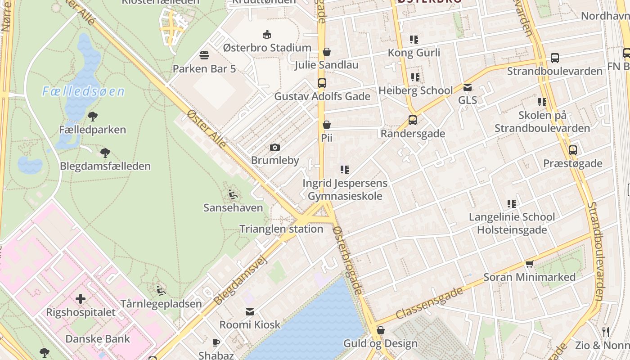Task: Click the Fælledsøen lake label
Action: coord(83,92)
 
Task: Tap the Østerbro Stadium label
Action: coord(267,48)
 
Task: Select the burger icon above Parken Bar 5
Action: coord(204,55)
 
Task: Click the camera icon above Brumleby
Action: coord(274,147)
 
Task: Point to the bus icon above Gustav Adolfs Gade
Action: coord(322,83)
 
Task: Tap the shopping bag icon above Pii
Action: coord(327,125)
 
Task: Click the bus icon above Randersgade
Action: coord(413,120)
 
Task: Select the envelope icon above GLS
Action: coord(468,87)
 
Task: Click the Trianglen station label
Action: coord(281,229)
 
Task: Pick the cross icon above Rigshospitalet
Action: coord(81,299)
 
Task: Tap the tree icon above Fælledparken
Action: coord(93,117)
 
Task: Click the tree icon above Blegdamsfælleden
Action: coord(105,153)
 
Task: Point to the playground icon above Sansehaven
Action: coord(233,194)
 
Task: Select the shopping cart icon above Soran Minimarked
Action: coord(529,264)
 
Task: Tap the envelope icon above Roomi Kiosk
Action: coord(250,311)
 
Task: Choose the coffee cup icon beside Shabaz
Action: coord(216,342)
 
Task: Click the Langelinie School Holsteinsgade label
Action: coord(512,223)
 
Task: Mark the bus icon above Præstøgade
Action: coord(572,150)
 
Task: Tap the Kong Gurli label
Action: coord(414,53)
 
